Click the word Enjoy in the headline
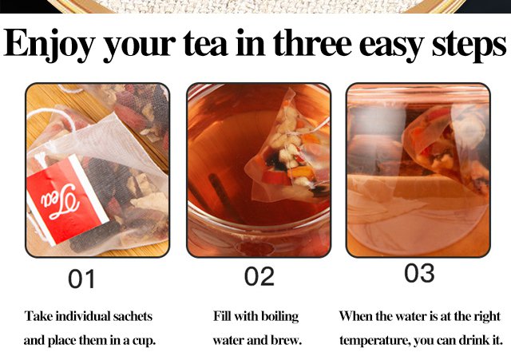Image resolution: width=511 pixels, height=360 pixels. (49, 44)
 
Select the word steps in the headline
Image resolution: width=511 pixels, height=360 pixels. (469, 45)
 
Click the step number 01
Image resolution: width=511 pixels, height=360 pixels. (81, 279)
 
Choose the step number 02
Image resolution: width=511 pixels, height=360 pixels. (259, 276)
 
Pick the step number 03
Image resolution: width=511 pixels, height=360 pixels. (419, 273)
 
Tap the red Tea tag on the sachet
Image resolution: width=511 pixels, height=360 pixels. (67, 200)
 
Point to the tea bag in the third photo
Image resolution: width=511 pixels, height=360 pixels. (446, 147)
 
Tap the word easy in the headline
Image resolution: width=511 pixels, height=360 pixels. (392, 45)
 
